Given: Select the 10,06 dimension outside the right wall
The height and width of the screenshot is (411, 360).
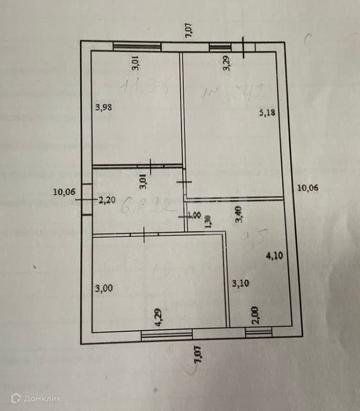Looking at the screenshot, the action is pos(307,188).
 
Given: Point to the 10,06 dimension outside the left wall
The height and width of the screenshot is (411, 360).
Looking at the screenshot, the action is pos(64,192).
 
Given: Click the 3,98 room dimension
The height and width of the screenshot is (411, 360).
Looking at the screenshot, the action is pos(104,107).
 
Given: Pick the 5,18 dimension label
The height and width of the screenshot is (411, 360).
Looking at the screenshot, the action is pos(266,113).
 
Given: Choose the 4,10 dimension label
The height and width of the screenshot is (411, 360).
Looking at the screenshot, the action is pos(274,255).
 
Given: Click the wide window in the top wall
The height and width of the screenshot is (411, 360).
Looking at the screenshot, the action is pos(137,46).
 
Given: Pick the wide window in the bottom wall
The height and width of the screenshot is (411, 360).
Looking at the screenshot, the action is pos(167,335).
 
